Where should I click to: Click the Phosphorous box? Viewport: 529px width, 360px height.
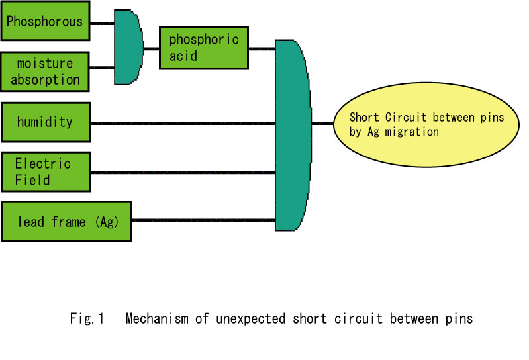pyautogui.click(x=45, y=21)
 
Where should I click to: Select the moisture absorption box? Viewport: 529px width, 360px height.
pyautogui.click(x=45, y=71)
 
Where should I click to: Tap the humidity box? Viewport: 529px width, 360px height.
pyautogui.click(x=46, y=122)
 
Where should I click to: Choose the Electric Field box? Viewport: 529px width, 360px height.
pyautogui.click(x=46, y=172)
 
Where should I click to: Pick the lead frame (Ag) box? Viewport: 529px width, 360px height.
pyautogui.click(x=66, y=222)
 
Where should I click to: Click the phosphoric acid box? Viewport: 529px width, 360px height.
pyautogui.click(x=204, y=48)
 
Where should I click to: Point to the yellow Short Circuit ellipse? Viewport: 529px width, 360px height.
pyautogui.click(x=426, y=124)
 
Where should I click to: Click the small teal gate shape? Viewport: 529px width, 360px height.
pyautogui.click(x=128, y=47)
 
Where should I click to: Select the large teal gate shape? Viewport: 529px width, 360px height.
pyautogui.click(x=293, y=135)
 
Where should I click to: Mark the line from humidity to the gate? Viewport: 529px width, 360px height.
pyautogui.click(x=183, y=124)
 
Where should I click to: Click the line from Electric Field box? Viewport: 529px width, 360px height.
pyautogui.click(x=183, y=173)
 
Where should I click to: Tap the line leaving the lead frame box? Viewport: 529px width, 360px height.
pyautogui.click(x=203, y=220)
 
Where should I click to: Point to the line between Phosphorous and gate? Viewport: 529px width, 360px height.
pyautogui.click(x=102, y=23)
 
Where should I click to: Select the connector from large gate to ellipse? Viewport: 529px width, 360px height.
pyautogui.click(x=322, y=123)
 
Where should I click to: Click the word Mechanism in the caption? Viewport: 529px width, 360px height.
pyautogui.click(x=157, y=318)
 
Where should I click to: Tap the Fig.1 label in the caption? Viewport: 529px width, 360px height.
pyautogui.click(x=87, y=318)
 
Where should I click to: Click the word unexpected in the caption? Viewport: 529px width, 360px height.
pyautogui.click(x=251, y=318)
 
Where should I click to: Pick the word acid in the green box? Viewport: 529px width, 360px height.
pyautogui.click(x=183, y=56)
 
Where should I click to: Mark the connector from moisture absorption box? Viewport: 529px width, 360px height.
pyautogui.click(x=102, y=67)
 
